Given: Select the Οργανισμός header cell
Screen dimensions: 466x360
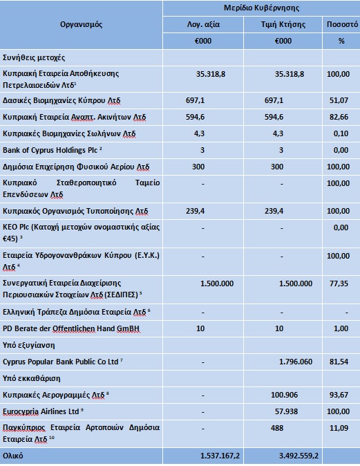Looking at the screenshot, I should click(x=82, y=24).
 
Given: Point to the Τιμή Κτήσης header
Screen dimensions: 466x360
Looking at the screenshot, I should click(x=283, y=24).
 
